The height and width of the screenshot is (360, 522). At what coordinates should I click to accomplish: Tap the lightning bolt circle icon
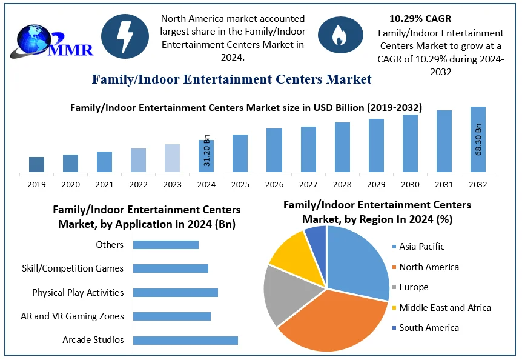point(124,35)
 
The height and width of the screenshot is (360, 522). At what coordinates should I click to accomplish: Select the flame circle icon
point(337,35)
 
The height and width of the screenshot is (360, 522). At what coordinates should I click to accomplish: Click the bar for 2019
point(37,164)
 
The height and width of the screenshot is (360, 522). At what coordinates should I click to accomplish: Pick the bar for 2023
point(172,158)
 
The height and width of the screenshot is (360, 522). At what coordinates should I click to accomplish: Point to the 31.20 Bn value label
point(206,150)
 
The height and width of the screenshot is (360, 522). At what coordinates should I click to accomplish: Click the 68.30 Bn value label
point(478,139)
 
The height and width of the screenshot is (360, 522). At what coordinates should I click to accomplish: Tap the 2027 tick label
point(308,184)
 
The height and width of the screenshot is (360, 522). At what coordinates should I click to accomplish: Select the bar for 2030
point(410,143)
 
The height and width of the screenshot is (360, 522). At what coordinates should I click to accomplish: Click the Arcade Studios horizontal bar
point(185,340)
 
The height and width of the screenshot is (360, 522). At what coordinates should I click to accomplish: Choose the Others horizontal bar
point(165,245)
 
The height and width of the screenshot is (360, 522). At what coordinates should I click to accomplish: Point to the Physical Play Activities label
point(78,293)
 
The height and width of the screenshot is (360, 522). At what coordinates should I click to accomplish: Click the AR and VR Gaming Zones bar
point(171,316)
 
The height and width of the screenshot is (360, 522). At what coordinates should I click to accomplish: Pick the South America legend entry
point(425,328)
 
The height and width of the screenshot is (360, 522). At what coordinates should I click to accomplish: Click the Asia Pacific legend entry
point(417,247)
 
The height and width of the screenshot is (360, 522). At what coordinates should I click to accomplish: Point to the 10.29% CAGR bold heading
point(420,19)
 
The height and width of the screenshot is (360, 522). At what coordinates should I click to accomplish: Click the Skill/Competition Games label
point(73,268)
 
